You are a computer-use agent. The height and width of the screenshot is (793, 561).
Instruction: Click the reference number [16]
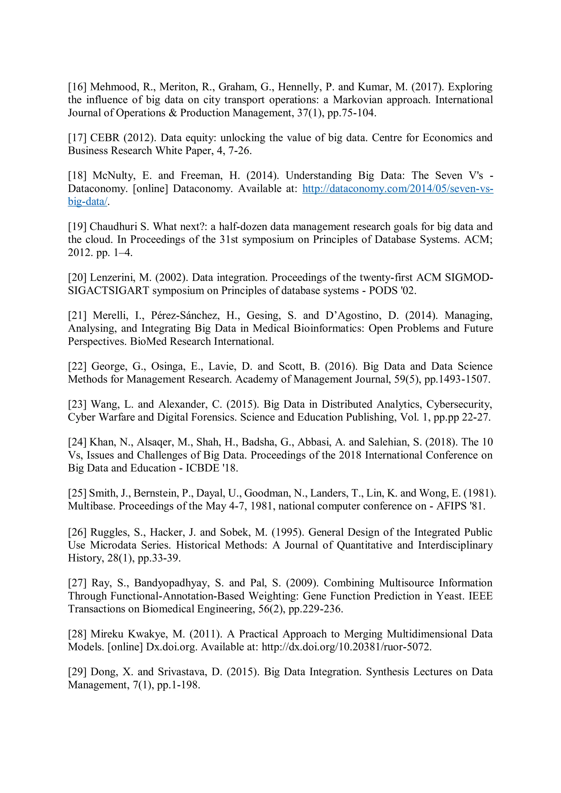point(77,87)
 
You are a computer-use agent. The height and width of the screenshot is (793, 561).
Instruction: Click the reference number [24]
point(77,442)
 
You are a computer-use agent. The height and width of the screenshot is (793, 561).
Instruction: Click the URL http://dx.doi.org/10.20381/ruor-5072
point(347,647)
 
